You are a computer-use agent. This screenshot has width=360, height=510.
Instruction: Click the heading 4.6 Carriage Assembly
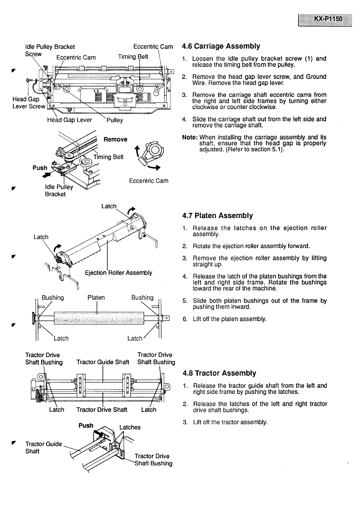click(x=221, y=46)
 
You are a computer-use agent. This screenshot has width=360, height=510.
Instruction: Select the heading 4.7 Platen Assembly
click(x=217, y=216)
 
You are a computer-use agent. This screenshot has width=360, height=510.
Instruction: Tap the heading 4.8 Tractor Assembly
click(x=219, y=373)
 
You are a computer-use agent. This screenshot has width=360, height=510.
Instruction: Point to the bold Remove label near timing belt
click(x=115, y=139)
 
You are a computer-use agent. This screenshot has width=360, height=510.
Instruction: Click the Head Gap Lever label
click(x=69, y=120)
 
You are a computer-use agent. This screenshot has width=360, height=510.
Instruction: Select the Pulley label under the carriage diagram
click(x=115, y=120)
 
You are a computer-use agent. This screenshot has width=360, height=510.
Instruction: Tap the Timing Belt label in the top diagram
click(x=133, y=57)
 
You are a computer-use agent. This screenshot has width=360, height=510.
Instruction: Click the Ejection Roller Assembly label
click(x=118, y=273)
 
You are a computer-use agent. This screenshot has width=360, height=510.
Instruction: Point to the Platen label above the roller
click(x=96, y=297)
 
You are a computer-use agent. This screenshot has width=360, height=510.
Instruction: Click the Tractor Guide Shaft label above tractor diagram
click(x=103, y=362)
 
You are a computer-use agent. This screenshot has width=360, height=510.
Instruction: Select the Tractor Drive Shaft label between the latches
click(x=102, y=410)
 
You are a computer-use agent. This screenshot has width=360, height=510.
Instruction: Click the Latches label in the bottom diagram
click(x=130, y=427)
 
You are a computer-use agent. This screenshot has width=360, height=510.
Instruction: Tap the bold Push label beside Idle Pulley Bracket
click(x=40, y=168)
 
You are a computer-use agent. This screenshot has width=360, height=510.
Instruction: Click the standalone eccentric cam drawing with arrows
click(x=149, y=155)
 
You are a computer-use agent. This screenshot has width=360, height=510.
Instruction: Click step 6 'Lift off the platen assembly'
click(x=229, y=319)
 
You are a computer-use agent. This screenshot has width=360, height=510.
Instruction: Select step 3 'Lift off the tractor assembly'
click(x=230, y=422)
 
